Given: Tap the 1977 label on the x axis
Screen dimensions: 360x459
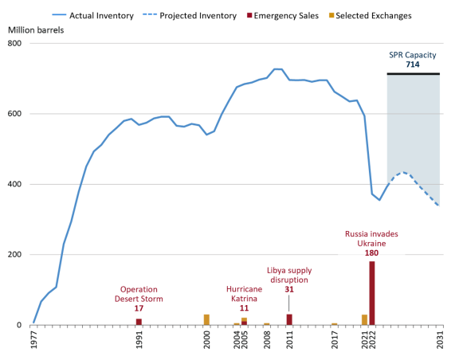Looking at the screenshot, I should pos(33,341).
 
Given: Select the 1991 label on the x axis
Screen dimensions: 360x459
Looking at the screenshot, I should pos(139,341).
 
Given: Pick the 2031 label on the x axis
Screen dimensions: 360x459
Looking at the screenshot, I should pos(440,341).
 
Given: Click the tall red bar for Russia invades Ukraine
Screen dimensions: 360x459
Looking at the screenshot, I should pos(372,293).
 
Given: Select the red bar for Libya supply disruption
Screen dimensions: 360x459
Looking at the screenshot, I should pos(289,319).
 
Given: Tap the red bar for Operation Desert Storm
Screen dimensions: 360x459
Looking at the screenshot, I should pos(139,322).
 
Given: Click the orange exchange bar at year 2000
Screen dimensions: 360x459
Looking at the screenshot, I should pos(206,319).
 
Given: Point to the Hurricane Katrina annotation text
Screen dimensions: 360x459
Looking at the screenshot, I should pos(244,294).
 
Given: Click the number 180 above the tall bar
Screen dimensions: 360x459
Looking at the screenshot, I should pos(371,252).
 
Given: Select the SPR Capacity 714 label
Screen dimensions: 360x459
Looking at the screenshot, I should pos(413,59).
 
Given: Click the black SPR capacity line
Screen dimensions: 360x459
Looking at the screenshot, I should pos(413,74).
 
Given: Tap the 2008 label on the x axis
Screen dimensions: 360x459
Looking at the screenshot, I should pos(267,341).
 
